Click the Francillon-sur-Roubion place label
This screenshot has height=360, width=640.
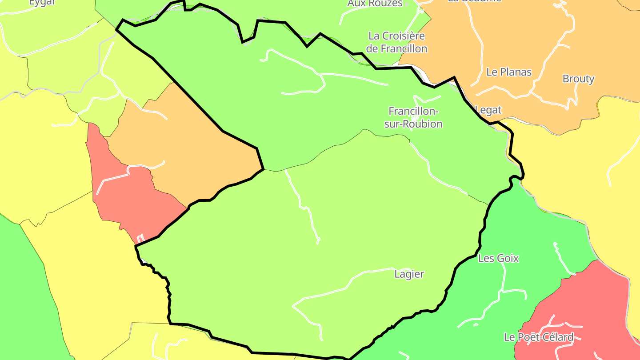tap(413, 117)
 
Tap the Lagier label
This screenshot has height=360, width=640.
tap(409, 274)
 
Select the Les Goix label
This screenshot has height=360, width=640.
tap(498, 258)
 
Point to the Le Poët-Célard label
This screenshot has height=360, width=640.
tap(539, 337)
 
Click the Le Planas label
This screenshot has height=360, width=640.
tap(509, 72)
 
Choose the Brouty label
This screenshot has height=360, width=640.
tap(578, 79)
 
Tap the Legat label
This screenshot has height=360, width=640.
tap(488, 110)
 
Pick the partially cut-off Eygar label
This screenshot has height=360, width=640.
tap(43, 3)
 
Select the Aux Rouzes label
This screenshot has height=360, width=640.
tap(375, 4)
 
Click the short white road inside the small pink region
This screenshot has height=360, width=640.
tap(113, 179)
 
